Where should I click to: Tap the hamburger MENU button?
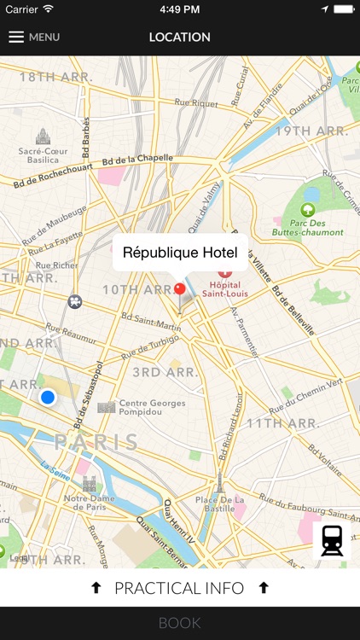click(34, 38)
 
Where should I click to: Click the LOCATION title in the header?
click(179, 38)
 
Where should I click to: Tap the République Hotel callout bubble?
click(180, 253)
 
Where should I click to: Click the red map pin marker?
click(179, 289)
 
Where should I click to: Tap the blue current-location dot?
click(48, 397)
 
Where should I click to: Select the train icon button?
click(332, 541)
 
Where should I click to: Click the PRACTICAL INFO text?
click(179, 588)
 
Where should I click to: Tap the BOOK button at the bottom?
click(179, 623)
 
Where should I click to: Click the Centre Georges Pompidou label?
click(152, 407)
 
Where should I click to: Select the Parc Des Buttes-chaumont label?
click(308, 227)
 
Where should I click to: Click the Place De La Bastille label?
click(219, 503)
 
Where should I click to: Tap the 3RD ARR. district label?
click(159, 372)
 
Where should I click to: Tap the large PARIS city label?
click(96, 442)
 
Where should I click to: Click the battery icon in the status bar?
click(343, 9)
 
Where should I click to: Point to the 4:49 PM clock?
click(179, 9)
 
